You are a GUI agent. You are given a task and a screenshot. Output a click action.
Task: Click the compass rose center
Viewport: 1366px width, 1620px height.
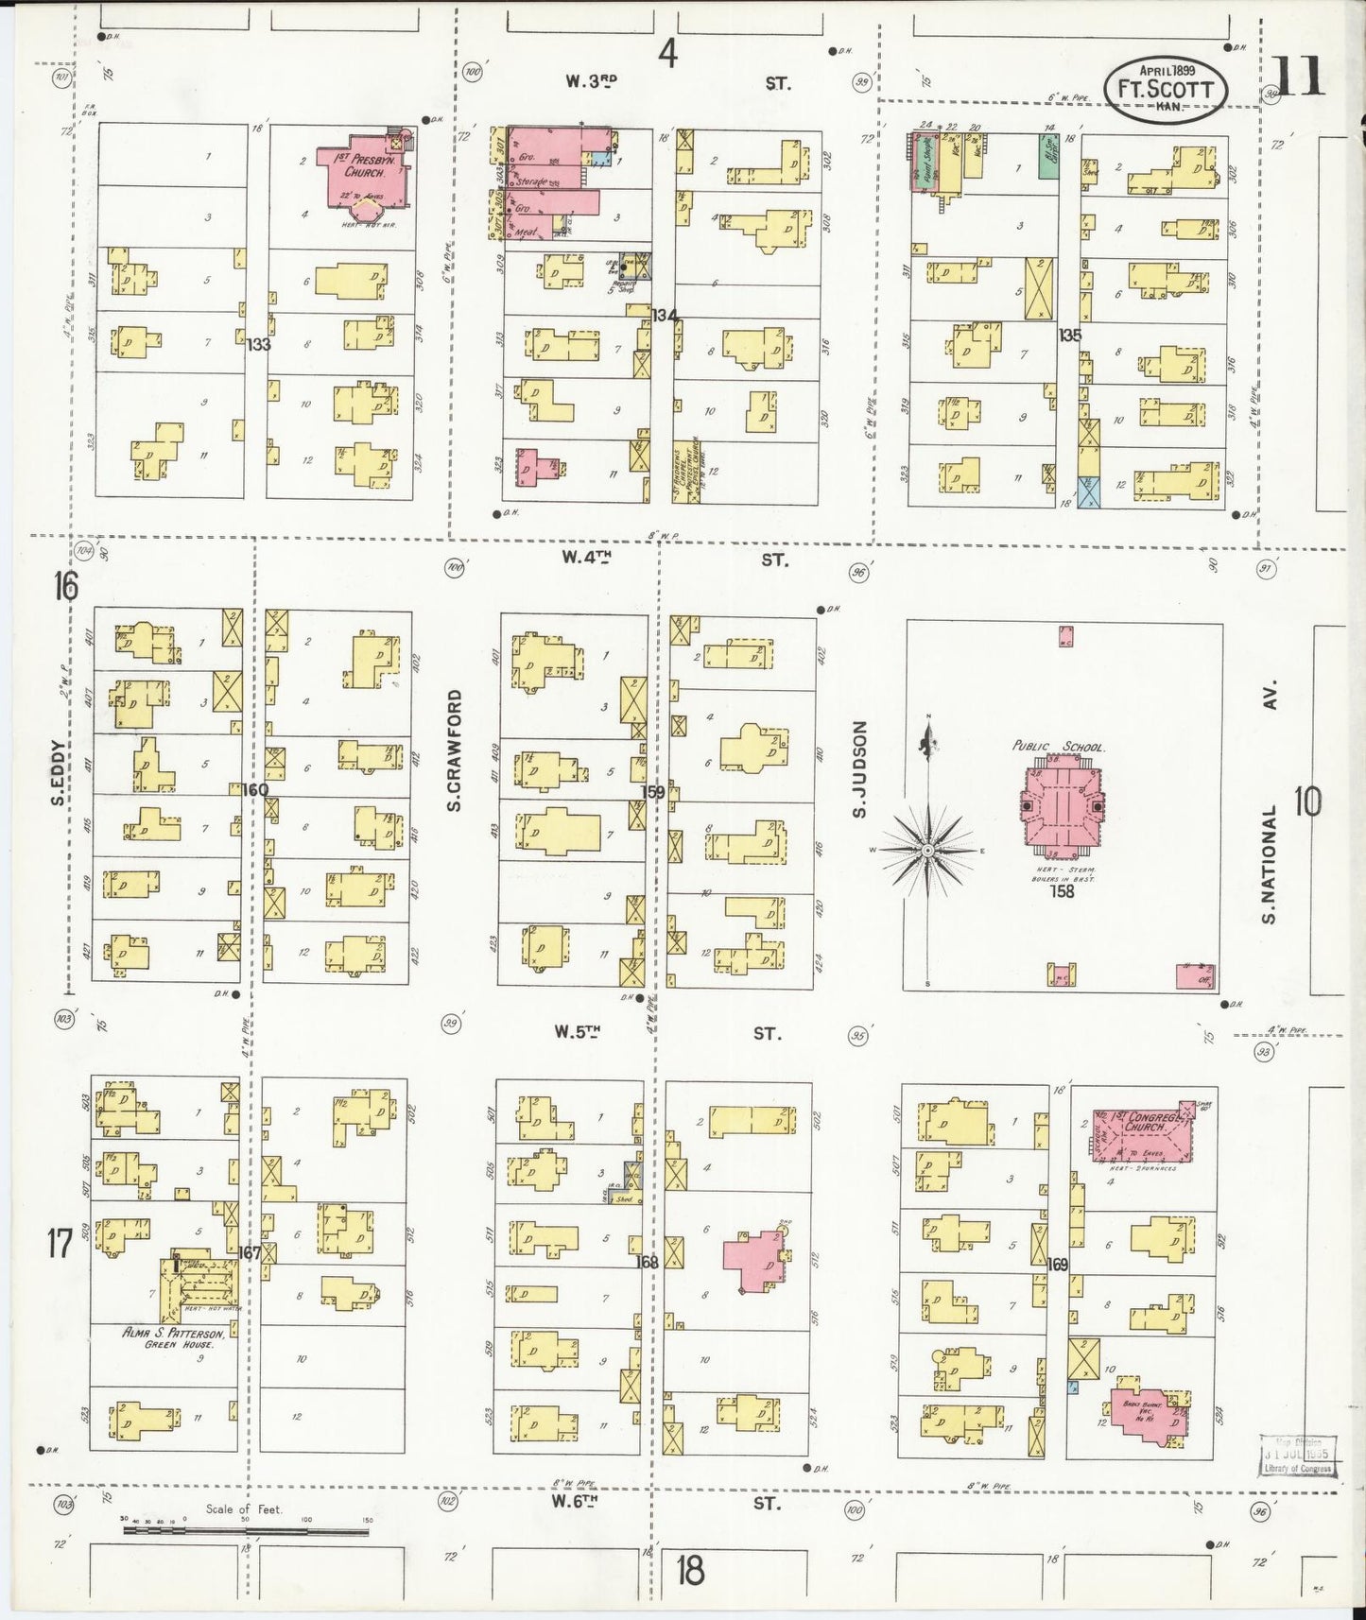tap(929, 851)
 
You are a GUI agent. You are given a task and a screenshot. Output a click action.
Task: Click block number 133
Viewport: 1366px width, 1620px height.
tap(258, 345)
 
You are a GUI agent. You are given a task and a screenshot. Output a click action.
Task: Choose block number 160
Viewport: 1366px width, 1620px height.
tap(255, 790)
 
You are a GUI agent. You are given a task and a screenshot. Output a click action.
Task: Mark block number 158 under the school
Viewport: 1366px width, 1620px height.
tap(1063, 890)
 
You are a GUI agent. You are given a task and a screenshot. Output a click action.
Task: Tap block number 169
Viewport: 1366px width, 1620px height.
tap(1057, 1263)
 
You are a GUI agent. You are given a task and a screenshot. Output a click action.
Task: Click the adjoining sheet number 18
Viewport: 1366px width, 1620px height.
tap(691, 1570)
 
